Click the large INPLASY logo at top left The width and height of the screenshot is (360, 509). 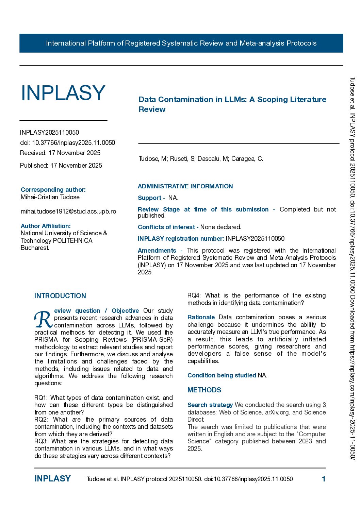coord(63,93)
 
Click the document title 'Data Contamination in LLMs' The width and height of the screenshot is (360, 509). coord(232,104)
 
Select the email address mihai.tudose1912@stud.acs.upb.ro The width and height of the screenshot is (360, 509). coord(68,211)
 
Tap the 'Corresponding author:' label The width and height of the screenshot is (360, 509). coord(53,190)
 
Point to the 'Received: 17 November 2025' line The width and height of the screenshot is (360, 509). coord(60,153)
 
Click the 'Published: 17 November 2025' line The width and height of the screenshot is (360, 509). coord(61,166)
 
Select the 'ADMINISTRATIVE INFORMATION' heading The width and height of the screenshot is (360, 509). coord(185,186)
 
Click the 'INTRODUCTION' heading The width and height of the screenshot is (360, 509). coord(60,296)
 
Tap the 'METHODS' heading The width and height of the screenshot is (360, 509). coord(204,390)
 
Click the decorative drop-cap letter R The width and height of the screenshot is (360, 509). coord(43,319)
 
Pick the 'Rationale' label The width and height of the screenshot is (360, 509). coord(201,317)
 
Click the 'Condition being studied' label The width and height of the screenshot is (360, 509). coord(222,375)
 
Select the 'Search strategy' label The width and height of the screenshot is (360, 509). coord(210,405)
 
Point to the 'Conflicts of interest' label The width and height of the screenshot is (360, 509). coord(166,227)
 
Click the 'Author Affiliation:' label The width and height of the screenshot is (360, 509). coord(46,226)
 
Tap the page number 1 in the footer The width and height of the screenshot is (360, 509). coord(324,479)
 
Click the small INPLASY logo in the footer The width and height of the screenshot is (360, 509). coord(52,479)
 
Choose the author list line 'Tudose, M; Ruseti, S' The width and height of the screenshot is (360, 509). coord(201,159)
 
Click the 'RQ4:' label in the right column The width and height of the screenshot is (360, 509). coord(194,295)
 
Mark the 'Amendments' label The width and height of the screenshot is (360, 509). coord(157,251)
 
